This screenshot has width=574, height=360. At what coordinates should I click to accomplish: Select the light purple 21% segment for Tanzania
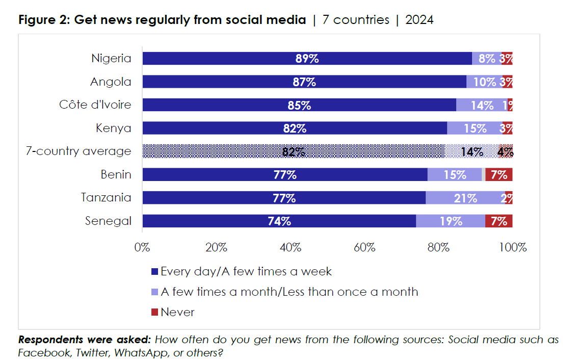point(465,198)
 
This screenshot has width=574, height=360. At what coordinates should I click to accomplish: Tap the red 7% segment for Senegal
point(499,221)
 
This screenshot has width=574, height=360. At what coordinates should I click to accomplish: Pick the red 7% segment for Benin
point(499,175)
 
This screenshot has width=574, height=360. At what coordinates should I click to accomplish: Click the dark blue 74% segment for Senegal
point(279,221)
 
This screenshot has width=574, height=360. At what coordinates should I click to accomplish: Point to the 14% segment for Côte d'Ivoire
point(482,105)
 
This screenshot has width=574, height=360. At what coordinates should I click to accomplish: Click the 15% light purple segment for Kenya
point(475,128)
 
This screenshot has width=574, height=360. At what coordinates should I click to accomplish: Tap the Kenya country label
point(113,128)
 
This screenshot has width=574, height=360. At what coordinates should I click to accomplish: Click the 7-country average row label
point(79,151)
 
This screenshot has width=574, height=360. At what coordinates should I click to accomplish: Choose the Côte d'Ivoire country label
point(95,105)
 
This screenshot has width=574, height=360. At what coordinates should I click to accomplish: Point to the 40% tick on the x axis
point(290,248)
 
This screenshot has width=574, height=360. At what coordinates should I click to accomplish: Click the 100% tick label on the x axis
point(512,248)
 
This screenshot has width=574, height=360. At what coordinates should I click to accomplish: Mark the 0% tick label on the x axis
point(142,248)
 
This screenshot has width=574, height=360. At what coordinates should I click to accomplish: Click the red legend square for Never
point(155,312)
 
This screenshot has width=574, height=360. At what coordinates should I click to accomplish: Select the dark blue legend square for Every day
point(155,271)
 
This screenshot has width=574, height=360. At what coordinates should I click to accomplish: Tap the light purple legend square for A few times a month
point(155,292)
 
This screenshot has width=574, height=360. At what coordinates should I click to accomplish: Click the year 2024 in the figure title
point(419,20)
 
